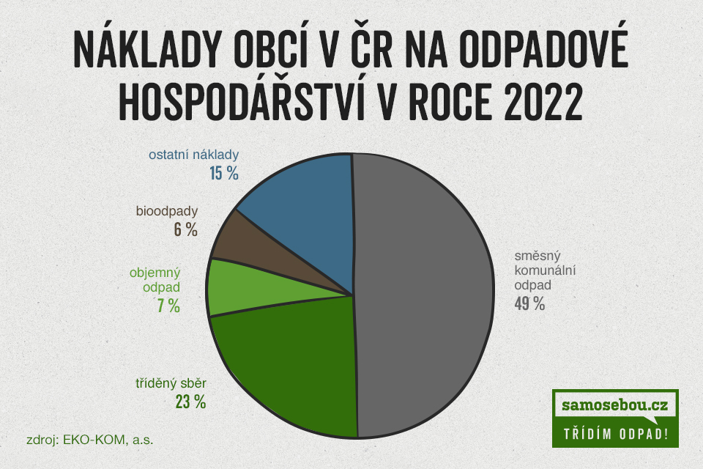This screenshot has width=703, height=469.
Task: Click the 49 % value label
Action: click(x=529, y=304)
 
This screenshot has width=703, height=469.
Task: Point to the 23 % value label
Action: click(x=190, y=402)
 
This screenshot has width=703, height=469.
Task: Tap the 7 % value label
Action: click(x=168, y=306)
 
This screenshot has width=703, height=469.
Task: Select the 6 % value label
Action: click(x=185, y=230)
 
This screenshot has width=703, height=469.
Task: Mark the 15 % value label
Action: click(x=224, y=173)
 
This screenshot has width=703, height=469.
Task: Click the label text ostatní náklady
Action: click(x=193, y=155)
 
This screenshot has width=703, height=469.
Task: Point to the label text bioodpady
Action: click(x=167, y=211)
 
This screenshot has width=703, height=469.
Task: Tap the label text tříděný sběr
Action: click(x=171, y=383)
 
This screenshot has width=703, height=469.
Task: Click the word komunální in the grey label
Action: click(x=545, y=270)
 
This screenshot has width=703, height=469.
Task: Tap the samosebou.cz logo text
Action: click(x=614, y=405)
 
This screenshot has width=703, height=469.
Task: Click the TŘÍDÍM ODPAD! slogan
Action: click(x=616, y=434)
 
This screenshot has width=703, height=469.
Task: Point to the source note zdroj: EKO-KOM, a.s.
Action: click(x=89, y=440)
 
